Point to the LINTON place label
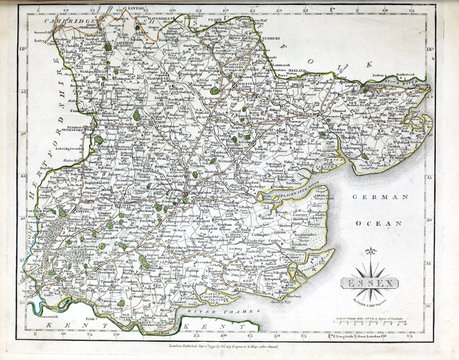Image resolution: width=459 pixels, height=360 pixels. pyautogui.click(x=133, y=14)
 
